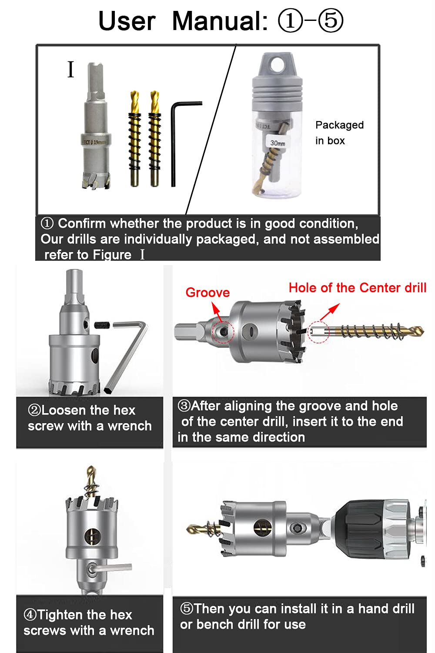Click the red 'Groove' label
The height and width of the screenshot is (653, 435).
[x=207, y=293]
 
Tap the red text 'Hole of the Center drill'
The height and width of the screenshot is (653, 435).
[x=358, y=288]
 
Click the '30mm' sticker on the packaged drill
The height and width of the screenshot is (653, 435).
[x=278, y=143]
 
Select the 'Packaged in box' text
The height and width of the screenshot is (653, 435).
[x=339, y=133]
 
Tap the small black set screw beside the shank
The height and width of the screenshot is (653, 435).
[x=102, y=324]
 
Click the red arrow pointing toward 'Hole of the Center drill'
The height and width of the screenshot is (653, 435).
[x=330, y=312]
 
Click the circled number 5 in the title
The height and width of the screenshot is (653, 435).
[x=331, y=21]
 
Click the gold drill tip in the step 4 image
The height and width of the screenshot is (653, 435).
[x=91, y=474]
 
